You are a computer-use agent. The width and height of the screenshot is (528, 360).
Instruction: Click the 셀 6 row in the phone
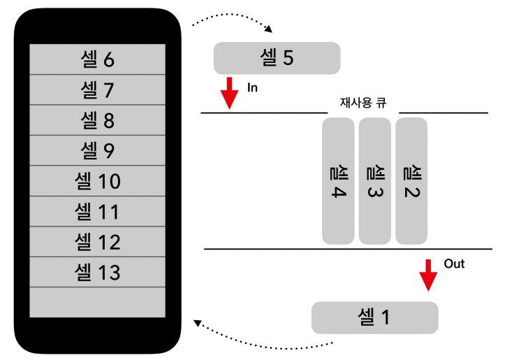tap(97, 59)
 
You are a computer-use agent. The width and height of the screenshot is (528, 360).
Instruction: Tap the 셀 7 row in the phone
tap(97, 90)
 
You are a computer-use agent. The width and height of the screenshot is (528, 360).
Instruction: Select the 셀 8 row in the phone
tap(97, 120)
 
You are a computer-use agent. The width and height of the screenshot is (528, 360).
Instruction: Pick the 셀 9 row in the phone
tap(97, 150)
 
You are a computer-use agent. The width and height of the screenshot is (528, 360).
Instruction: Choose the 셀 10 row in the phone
tap(97, 181)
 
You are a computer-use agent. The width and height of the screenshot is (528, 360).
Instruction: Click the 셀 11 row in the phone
tap(97, 211)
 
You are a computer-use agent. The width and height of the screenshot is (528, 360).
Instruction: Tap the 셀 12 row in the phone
tap(97, 242)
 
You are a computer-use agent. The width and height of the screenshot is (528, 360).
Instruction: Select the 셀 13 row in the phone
tap(97, 272)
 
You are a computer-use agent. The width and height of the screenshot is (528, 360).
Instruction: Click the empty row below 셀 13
tap(97, 302)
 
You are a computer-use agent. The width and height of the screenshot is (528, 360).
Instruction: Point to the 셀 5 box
tap(277, 58)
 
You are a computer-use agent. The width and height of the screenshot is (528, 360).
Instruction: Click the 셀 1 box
tap(374, 317)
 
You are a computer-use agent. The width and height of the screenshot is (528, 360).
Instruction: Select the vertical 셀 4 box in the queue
tap(338, 180)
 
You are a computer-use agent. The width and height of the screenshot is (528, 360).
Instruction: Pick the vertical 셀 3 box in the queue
tap(375, 180)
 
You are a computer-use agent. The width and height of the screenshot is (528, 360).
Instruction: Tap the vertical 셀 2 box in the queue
tap(411, 180)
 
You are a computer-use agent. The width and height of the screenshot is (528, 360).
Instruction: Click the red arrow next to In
tap(229, 93)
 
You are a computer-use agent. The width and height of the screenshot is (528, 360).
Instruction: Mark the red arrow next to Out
tap(428, 275)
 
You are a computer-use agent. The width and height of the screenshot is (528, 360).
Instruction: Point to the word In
tap(252, 88)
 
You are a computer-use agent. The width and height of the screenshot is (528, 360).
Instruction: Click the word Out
tap(454, 264)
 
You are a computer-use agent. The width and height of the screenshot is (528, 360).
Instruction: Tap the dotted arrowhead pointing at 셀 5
tap(269, 29)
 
